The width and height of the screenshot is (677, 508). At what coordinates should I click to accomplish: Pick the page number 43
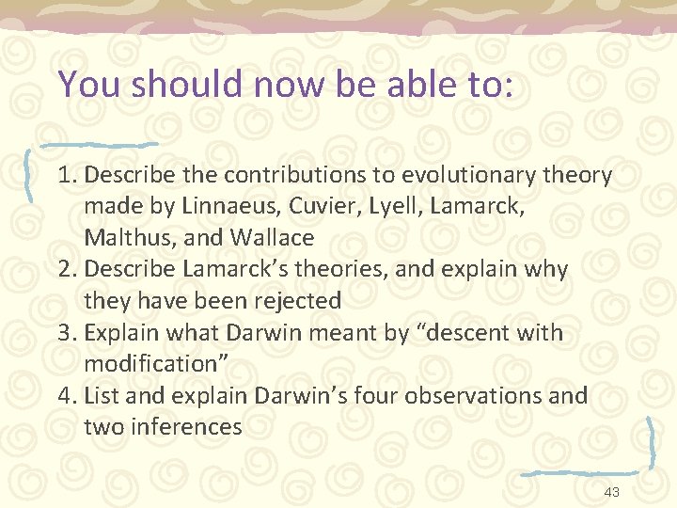tap(611, 493)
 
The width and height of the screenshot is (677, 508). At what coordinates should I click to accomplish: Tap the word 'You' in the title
tap(91, 84)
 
